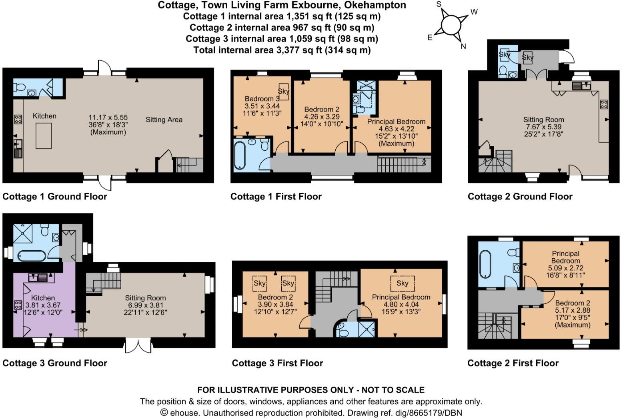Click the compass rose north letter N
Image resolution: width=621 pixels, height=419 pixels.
pyautogui.click(x=463, y=46)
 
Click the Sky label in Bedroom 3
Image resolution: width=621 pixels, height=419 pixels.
pyautogui.click(x=283, y=91)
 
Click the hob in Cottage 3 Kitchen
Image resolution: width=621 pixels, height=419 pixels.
pyautogui.click(x=18, y=305)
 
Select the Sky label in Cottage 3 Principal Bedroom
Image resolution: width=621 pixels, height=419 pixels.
pyautogui.click(x=402, y=283)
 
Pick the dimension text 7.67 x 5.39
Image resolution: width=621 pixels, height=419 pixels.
pyautogui.click(x=543, y=127)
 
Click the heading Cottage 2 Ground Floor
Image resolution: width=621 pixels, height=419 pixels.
pyautogui.click(x=520, y=197)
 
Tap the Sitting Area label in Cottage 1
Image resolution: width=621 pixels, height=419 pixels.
pyautogui.click(x=164, y=120)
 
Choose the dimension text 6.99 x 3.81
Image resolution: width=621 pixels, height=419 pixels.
pyautogui.click(x=145, y=305)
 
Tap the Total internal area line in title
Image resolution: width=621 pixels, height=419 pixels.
pyautogui.click(x=282, y=50)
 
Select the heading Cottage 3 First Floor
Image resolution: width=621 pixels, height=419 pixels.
pyautogui.click(x=277, y=363)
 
